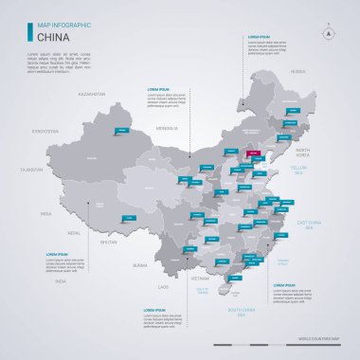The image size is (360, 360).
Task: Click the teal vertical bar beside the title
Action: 30,33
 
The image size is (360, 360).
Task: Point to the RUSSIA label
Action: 298,71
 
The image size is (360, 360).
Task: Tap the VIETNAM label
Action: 200,279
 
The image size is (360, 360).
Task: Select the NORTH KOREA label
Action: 304,153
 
